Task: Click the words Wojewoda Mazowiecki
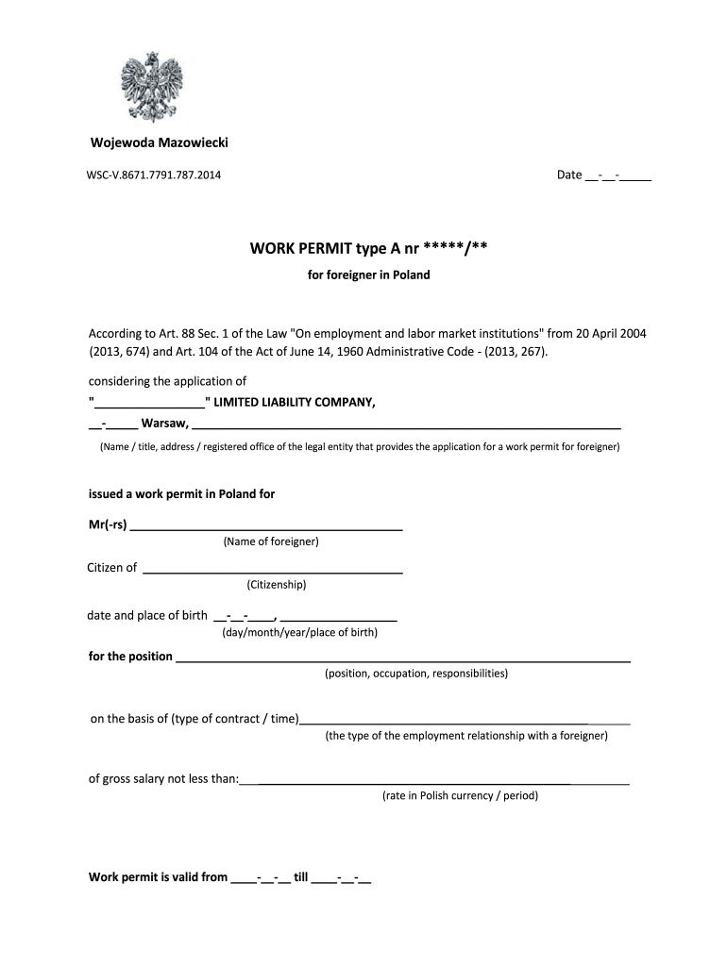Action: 159,142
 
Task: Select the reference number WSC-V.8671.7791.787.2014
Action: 155,175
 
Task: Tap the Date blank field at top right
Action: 618,175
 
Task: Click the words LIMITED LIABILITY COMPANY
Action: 295,403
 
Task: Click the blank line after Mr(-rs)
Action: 266,525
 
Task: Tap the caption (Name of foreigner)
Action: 271,542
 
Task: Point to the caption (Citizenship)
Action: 276,585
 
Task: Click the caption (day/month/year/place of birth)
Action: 299,633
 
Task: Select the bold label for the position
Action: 130,657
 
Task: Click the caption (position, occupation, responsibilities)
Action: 416,675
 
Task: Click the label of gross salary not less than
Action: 163,779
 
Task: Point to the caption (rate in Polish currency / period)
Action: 460,796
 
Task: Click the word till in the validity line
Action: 301,877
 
